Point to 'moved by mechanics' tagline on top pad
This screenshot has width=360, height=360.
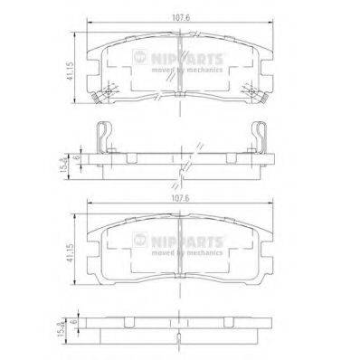pyautogui.click(x=184, y=70)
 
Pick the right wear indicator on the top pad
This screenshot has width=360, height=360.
pyautogui.click(x=254, y=90)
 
